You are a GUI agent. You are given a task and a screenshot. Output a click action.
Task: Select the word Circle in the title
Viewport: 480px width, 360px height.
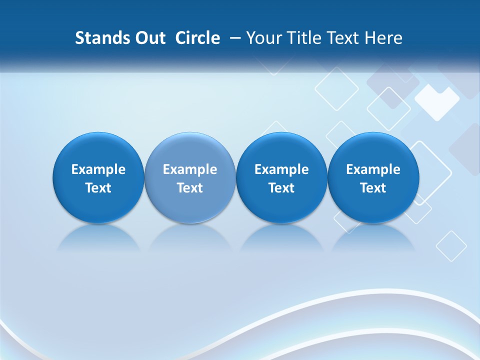(197, 38)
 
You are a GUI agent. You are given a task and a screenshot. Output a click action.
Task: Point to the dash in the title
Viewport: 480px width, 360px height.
(234, 38)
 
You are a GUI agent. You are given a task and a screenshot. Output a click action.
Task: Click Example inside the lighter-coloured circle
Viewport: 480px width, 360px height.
(190, 169)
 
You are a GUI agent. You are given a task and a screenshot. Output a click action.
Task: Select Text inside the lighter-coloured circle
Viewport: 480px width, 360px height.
(190, 188)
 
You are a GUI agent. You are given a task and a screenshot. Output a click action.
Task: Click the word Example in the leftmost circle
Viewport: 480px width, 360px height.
(98, 169)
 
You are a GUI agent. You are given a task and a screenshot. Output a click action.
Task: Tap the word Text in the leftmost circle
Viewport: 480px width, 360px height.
(98, 188)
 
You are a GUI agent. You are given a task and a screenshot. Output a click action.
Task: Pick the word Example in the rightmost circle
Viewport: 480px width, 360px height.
(373, 169)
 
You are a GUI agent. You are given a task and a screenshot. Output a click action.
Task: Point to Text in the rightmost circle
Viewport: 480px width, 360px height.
(373, 188)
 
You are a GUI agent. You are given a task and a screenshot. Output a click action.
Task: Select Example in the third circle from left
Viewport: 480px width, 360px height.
(281, 169)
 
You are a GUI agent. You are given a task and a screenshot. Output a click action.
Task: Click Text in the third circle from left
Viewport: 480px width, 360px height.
(281, 188)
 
